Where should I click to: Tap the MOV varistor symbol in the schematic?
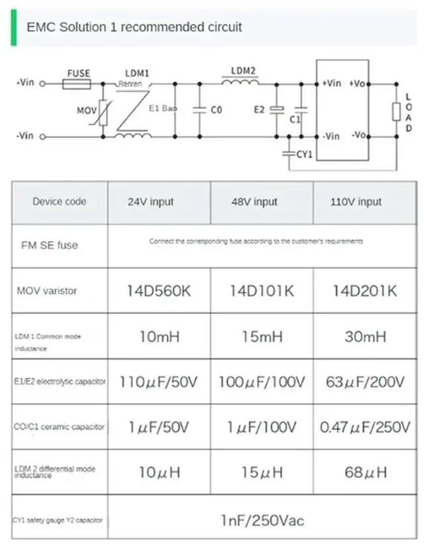(103, 110)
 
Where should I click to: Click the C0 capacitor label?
(216, 111)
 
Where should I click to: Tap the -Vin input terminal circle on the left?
(44, 136)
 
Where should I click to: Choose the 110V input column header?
(356, 202)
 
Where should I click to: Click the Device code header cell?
(60, 201)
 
